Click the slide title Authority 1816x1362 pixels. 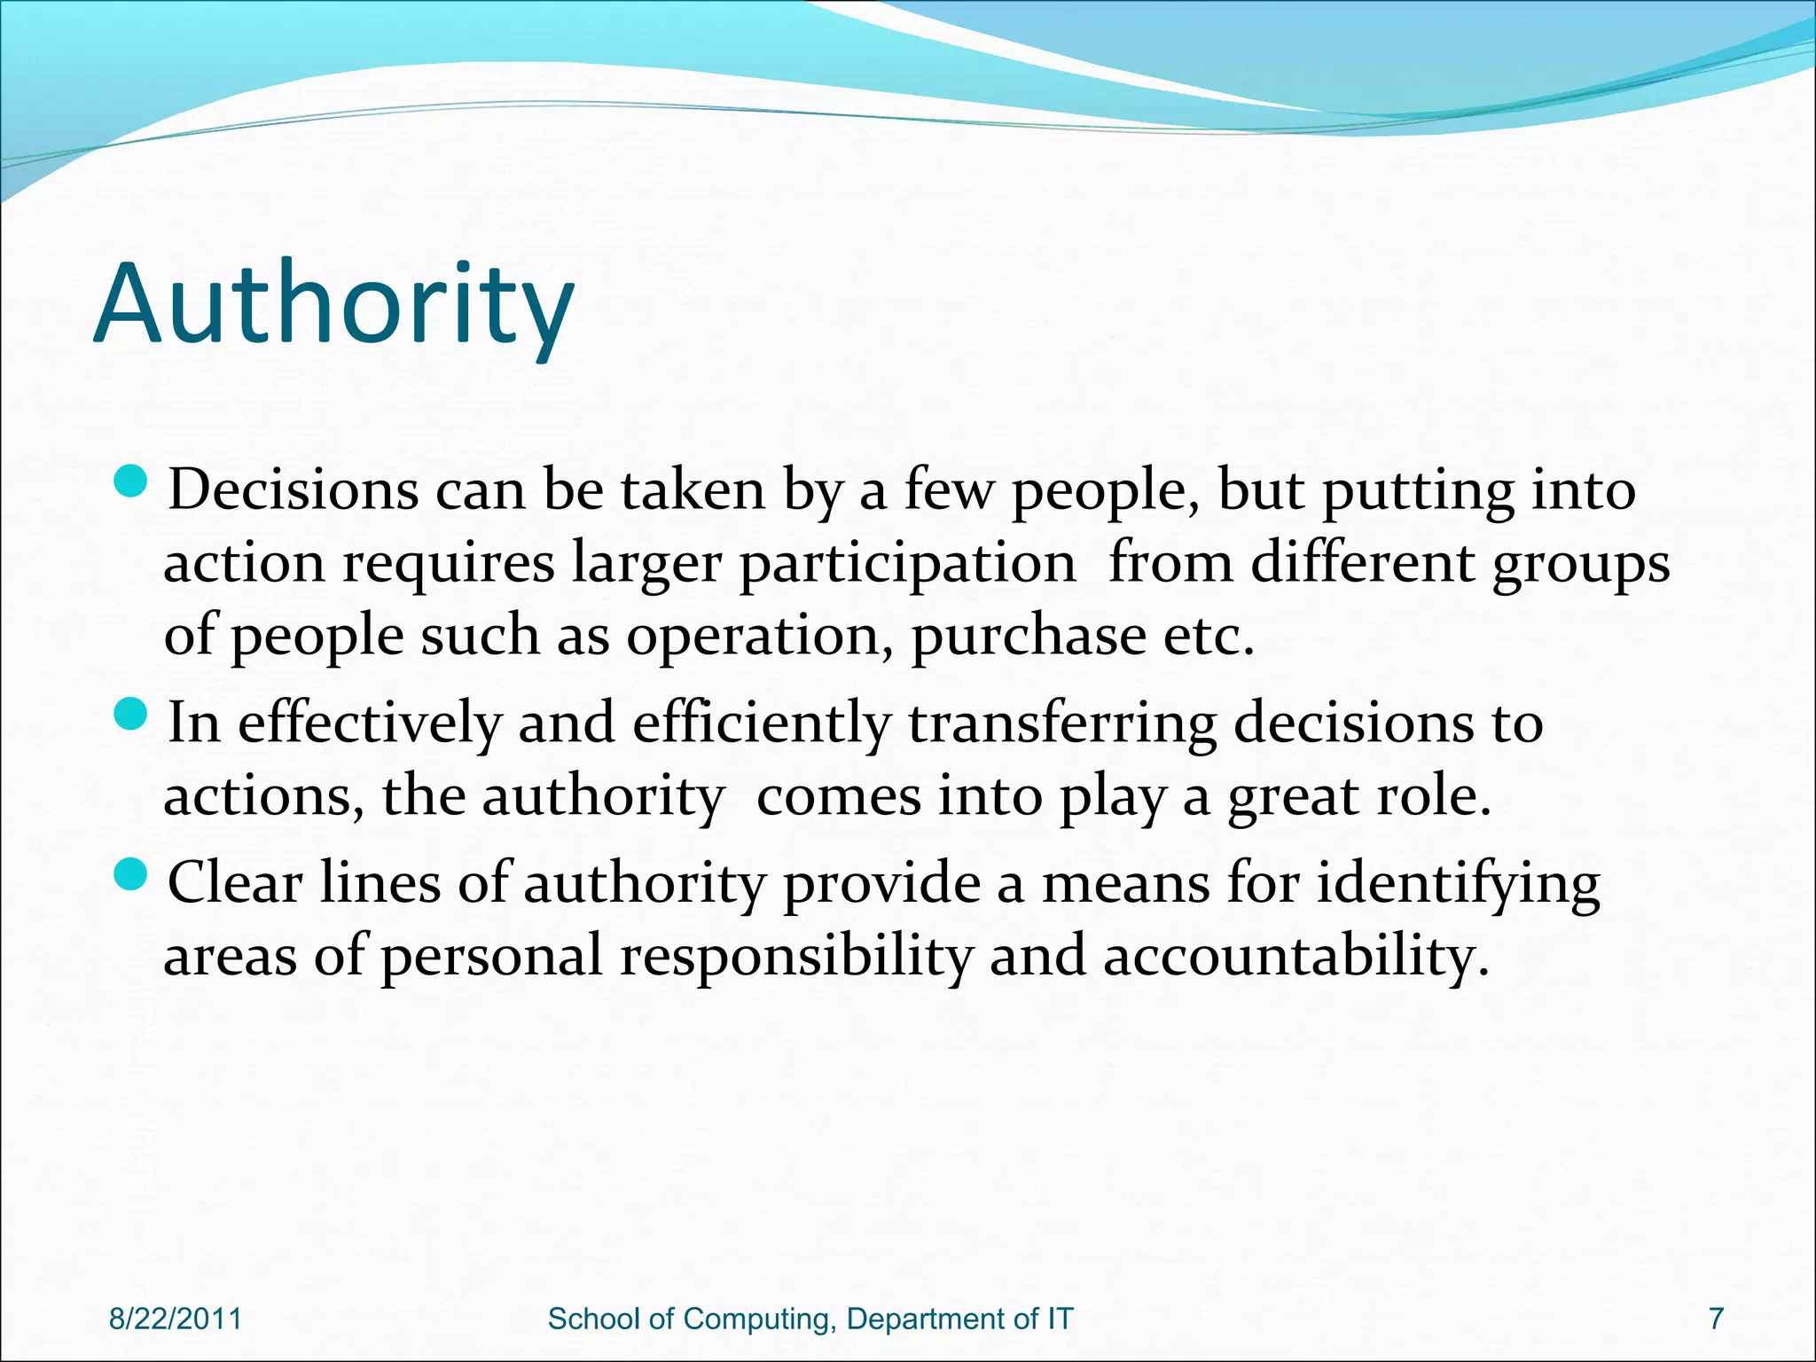click(333, 304)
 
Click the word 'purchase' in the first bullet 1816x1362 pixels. click(1029, 637)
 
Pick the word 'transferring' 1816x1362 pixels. click(1061, 723)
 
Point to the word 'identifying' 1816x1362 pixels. click(1458, 884)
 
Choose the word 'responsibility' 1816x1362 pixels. click(795, 958)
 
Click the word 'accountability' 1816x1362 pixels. click(1295, 958)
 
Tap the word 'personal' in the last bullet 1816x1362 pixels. click(492, 958)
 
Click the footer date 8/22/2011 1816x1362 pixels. click(176, 1319)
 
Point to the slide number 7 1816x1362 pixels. click(1716, 1319)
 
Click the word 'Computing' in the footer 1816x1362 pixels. click(759, 1319)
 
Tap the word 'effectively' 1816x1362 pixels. click(370, 723)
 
